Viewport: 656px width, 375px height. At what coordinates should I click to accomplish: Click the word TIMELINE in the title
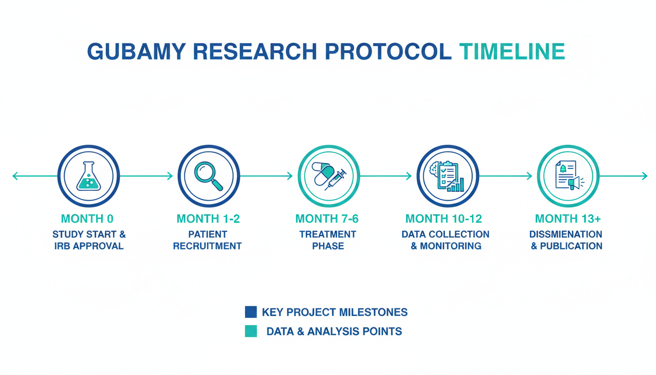coord(512,52)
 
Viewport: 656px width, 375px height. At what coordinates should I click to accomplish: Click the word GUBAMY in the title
coord(137,52)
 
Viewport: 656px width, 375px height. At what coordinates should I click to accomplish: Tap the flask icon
coord(88,176)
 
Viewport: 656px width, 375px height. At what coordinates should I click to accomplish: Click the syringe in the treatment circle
coord(336,179)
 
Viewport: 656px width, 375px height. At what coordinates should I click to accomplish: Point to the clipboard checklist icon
coord(447,175)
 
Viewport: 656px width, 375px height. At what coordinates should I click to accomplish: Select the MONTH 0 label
coord(87,219)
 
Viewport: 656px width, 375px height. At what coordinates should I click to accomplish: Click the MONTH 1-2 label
coord(208,219)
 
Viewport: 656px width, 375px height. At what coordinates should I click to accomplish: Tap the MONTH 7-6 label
coord(327,219)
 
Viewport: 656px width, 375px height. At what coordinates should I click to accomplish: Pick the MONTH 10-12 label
coord(444,219)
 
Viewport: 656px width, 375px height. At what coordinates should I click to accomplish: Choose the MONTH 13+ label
coord(568,219)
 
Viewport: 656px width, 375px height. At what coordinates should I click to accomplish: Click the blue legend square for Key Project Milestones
coord(251,312)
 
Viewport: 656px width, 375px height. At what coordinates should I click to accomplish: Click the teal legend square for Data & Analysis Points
coord(251,331)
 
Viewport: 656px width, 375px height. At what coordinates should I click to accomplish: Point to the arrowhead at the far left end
coord(15,176)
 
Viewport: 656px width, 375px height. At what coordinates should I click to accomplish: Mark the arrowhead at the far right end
coord(645,176)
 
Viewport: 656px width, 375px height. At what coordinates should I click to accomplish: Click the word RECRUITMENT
coord(207,246)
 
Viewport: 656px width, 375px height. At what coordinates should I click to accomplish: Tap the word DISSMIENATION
coord(566,234)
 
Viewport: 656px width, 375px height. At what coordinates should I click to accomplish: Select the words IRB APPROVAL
coord(89,246)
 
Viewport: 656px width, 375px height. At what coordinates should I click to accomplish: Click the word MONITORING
coord(451,246)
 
